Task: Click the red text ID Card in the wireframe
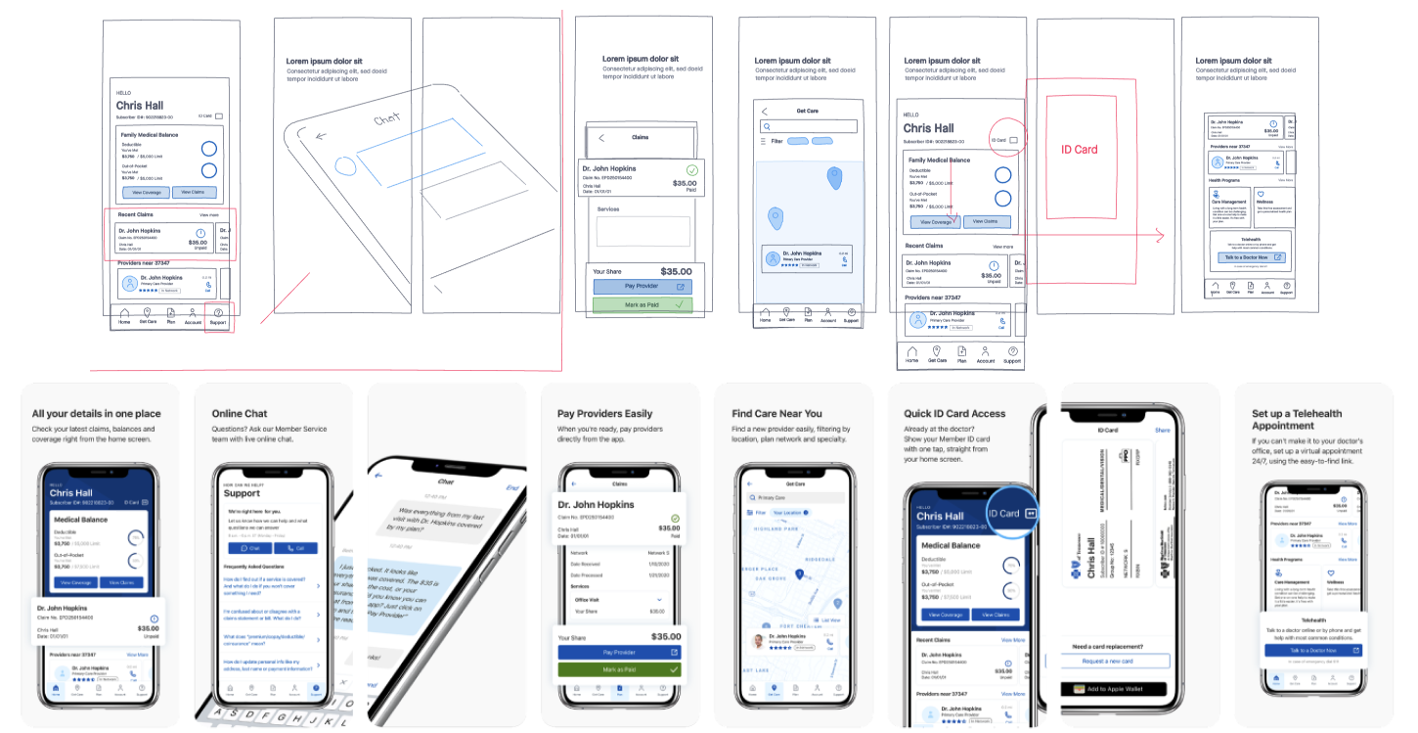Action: tap(1080, 150)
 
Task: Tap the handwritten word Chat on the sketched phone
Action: tap(387, 119)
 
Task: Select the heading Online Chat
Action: tap(240, 413)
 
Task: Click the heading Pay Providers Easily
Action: tap(604, 413)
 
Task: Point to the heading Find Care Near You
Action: tap(776, 413)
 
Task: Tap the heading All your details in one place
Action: tap(96, 413)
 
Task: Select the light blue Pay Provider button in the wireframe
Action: tap(642, 287)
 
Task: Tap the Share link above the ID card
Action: tap(1162, 430)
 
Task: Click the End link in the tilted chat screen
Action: tap(511, 487)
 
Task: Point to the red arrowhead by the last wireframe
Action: tap(1161, 236)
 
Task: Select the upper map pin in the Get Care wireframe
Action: tap(833, 178)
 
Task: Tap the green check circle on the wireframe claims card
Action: tap(692, 170)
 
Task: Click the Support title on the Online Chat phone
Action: tap(242, 492)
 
